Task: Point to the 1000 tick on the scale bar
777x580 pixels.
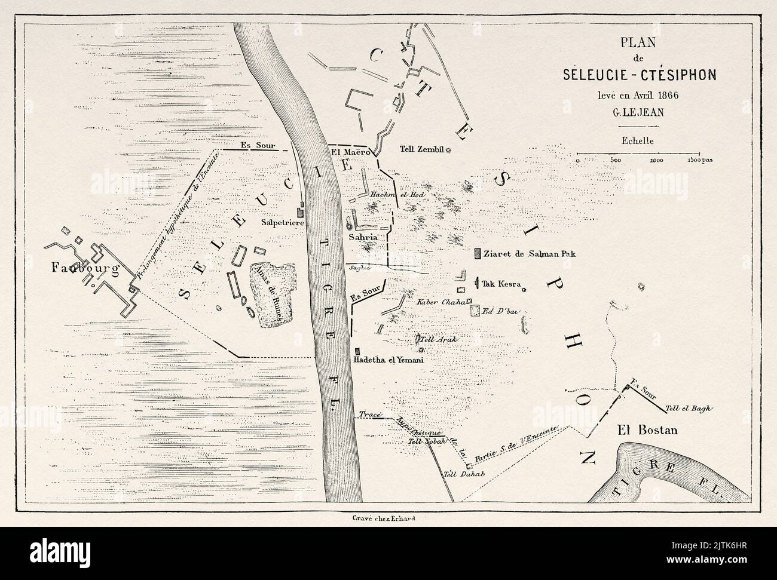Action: point(656,160)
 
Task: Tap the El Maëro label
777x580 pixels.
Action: point(353,152)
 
